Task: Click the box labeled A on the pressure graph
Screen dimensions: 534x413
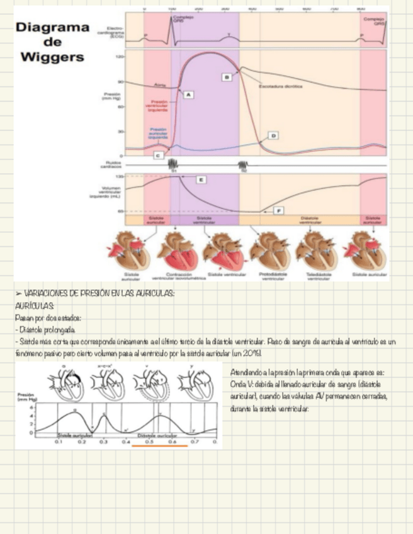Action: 188,94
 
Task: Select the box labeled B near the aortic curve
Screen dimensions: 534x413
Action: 226,76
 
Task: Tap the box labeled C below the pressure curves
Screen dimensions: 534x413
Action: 157,154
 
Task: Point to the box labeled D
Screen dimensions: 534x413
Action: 273,135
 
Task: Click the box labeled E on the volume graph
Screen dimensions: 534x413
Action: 200,180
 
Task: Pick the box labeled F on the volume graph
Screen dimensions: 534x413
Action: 278,210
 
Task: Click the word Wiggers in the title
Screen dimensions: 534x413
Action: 52,57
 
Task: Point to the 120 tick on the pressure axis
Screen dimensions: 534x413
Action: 120,57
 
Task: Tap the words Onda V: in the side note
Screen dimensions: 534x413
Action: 242,383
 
